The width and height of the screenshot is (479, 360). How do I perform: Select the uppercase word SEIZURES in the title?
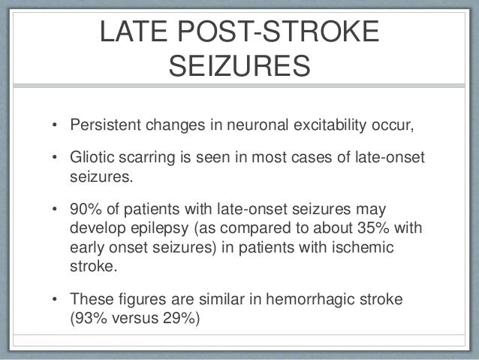[x=239, y=69]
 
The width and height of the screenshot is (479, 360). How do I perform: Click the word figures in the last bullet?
[x=140, y=300]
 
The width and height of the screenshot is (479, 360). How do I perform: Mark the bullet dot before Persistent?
[x=56, y=124]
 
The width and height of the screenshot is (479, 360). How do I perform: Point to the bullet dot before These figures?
[x=56, y=301]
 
